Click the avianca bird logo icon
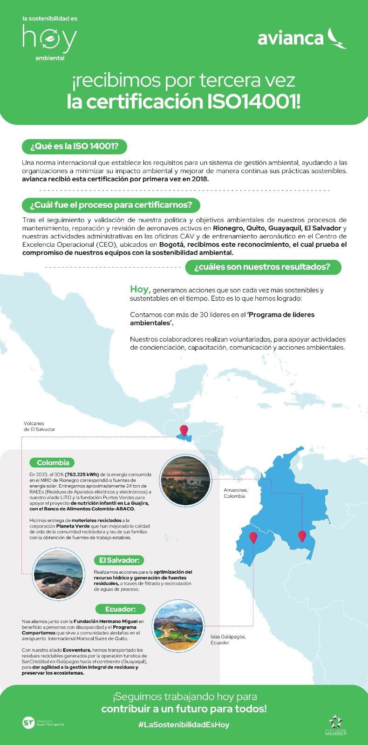pyautogui.click(x=336, y=38)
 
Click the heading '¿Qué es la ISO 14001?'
pyautogui.click(x=74, y=147)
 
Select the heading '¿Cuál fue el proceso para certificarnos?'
pyautogui.click(x=111, y=205)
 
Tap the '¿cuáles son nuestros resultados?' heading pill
pyautogui.click(x=263, y=267)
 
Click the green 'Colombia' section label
pyautogui.click(x=53, y=462)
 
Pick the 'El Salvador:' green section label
pyautogui.click(x=119, y=560)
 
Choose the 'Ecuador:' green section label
pyautogui.click(x=120, y=609)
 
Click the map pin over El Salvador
pyautogui.click(x=184, y=430)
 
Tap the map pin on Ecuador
pyautogui.click(x=253, y=537)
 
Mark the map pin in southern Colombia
pyautogui.click(x=302, y=536)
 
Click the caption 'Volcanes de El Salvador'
pyautogui.click(x=39, y=427)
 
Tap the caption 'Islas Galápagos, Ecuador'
pyautogui.click(x=228, y=639)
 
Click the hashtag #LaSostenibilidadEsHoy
pyautogui.click(x=184, y=725)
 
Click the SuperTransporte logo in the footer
pyautogui.click(x=43, y=723)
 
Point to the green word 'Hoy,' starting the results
pyautogui.click(x=140, y=289)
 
